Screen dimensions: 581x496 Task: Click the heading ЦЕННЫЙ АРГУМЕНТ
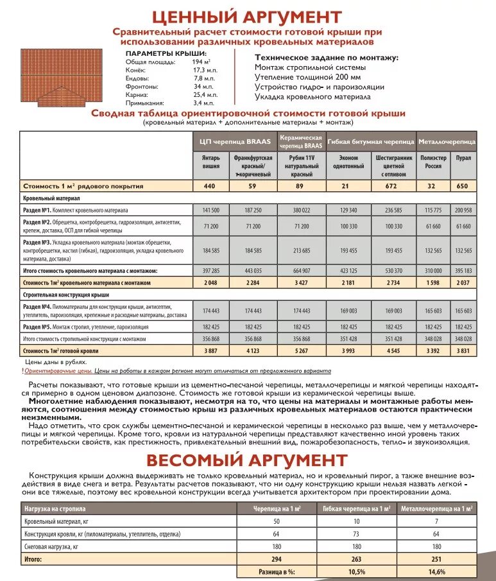pos(247,16)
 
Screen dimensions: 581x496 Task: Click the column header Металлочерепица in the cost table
pos(447,141)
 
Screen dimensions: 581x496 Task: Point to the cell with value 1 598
pos(434,282)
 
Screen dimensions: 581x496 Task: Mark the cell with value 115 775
pos(434,210)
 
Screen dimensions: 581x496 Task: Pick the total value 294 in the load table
pos(277,559)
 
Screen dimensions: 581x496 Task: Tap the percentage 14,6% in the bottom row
pos(436,571)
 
